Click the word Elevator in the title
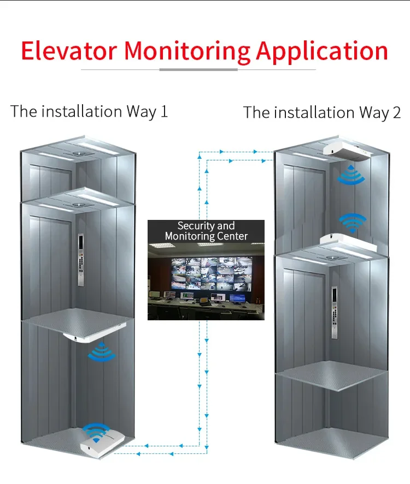[x=69, y=50]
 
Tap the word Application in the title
[x=322, y=51]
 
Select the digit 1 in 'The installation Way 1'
[x=163, y=112]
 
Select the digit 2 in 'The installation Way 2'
[x=396, y=113]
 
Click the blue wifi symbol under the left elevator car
[x=102, y=352]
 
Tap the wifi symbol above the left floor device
[x=97, y=432]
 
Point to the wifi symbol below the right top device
[x=349, y=174]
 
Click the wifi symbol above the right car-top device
[x=353, y=221]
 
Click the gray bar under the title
[x=198, y=70]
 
